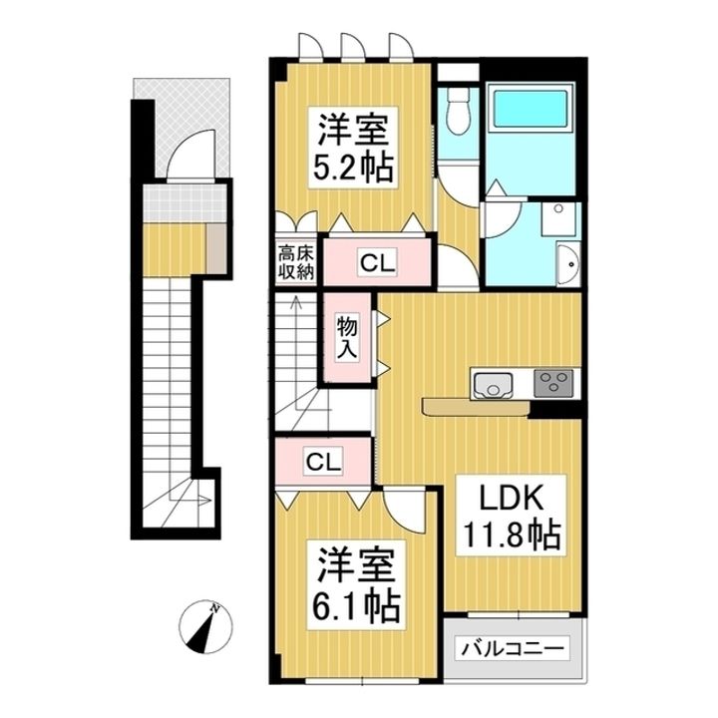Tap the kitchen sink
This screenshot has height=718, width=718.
pyautogui.click(x=492, y=383)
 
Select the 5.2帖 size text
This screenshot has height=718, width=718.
pyautogui.click(x=354, y=166)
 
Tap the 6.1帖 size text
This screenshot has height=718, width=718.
pyautogui.click(x=354, y=604)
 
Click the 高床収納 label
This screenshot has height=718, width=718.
pyautogui.click(x=296, y=261)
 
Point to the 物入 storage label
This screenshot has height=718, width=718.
pyautogui.click(x=346, y=339)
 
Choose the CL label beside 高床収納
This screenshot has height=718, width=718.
pyautogui.click(x=377, y=263)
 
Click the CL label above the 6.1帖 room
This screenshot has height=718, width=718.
pyautogui.click(x=323, y=462)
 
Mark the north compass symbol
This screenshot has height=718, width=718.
pyautogui.click(x=206, y=624)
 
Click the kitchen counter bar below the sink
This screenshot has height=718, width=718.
pyautogui.click(x=476, y=406)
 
